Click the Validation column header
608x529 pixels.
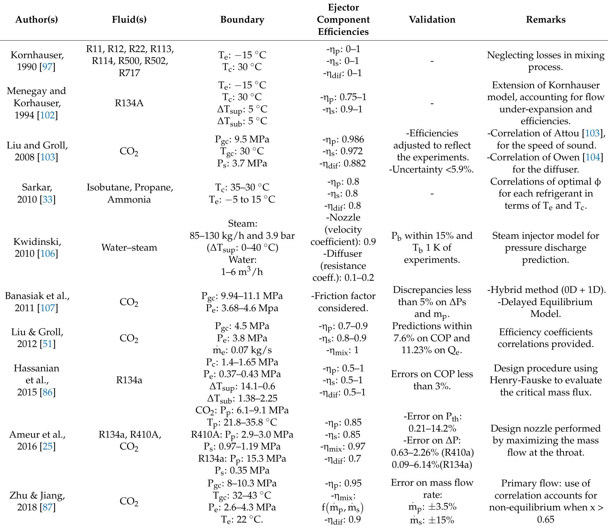coord(432,20)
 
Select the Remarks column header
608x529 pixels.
coord(546,20)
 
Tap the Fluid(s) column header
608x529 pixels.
coord(129,20)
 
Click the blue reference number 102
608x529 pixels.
coord(47,115)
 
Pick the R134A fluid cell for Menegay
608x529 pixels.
coord(129,103)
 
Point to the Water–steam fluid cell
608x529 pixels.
coord(129,248)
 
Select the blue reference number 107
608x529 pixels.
coord(47,308)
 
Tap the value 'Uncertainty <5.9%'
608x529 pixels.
coord(432,169)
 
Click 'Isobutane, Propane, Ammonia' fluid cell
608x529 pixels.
coord(129,193)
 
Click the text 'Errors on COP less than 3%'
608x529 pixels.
coord(432,380)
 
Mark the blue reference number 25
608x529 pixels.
coord(47,447)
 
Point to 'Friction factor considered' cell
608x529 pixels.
coord(343,302)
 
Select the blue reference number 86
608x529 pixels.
coord(47,392)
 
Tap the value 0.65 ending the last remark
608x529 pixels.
coord(546,520)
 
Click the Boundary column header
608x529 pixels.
coord(242,20)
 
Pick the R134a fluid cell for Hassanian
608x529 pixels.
coord(129,380)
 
